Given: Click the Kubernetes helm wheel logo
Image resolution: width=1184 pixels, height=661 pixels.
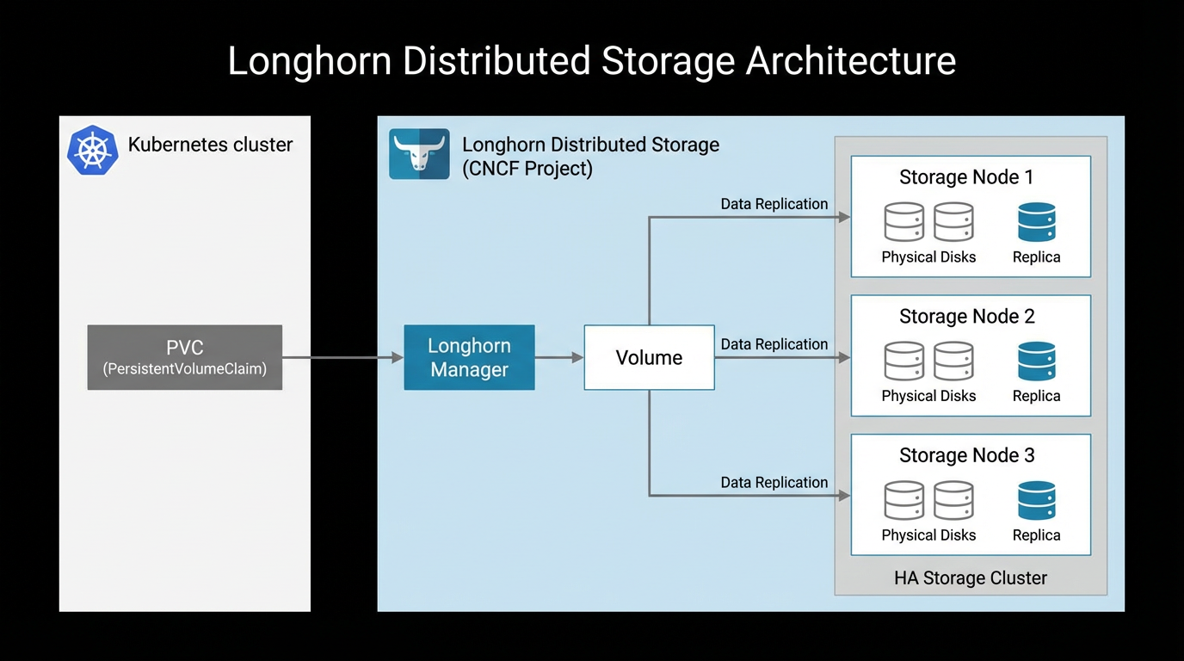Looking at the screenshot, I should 92,151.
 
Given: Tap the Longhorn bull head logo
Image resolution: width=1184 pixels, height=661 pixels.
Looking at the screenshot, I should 419,154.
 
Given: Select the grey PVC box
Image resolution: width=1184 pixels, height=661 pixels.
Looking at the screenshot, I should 185,357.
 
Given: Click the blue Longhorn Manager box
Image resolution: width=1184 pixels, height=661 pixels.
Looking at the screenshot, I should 469,357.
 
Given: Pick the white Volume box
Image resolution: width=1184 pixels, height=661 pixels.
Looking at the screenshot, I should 649,357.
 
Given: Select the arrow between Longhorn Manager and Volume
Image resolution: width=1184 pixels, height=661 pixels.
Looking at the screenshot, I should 559,357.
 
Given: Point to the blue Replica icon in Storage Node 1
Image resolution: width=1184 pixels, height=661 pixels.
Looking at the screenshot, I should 1036,222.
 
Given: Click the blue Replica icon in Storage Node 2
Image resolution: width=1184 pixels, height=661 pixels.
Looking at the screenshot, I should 1036,361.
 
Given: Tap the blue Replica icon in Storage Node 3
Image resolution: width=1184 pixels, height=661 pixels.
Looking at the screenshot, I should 1036,500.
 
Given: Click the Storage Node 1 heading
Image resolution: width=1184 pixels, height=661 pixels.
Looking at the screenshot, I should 966,177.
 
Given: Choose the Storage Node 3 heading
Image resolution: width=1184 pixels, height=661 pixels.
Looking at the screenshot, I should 966,455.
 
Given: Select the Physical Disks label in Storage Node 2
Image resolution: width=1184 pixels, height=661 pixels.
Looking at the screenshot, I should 928,396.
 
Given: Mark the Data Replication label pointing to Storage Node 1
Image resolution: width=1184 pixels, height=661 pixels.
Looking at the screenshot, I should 774,204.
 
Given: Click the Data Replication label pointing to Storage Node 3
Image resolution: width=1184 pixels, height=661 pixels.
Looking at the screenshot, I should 774,483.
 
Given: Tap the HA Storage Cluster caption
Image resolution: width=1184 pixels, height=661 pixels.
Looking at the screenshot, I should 971,578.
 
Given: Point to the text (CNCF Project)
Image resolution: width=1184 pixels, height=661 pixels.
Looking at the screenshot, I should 527,168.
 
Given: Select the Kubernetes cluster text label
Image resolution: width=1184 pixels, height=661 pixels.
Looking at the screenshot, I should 210,145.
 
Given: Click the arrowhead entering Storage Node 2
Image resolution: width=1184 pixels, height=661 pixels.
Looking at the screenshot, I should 844,357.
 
